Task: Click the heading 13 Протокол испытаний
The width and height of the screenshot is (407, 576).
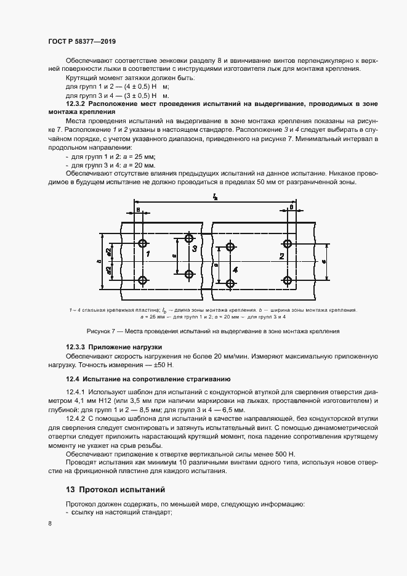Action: (x=116, y=490)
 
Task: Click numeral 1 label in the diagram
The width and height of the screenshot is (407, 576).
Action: (x=148, y=253)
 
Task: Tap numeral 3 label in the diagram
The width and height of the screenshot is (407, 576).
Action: (x=194, y=249)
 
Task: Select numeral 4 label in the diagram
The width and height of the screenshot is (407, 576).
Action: (x=235, y=270)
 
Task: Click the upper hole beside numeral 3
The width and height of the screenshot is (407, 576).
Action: (x=188, y=238)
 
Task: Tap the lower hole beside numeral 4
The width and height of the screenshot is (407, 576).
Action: (x=230, y=283)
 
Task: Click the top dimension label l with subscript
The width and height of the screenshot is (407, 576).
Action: (x=215, y=197)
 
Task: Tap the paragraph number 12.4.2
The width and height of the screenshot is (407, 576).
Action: (x=77, y=418)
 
